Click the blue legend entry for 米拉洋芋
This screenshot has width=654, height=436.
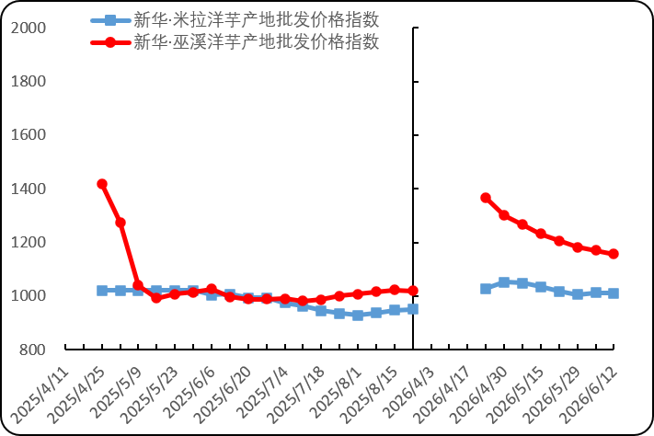click(x=235, y=19)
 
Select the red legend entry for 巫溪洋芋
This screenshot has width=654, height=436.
click(x=235, y=41)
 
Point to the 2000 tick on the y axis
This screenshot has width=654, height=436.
click(x=29, y=28)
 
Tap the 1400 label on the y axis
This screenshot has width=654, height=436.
click(x=29, y=189)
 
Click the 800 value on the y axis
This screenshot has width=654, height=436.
click(x=32, y=350)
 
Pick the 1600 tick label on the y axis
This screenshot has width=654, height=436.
click(x=29, y=135)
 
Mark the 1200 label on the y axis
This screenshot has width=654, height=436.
click(x=29, y=242)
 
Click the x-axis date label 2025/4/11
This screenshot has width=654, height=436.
click(x=40, y=395)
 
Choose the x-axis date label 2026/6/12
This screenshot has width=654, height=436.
click(x=588, y=395)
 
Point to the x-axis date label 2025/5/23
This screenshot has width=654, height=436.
click(x=149, y=395)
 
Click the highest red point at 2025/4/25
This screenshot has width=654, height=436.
click(x=102, y=184)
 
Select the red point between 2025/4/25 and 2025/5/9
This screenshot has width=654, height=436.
click(x=120, y=223)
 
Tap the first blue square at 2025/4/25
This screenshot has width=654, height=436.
click(x=102, y=291)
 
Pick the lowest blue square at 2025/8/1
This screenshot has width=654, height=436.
click(x=358, y=315)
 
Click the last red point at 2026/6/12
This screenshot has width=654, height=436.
click(x=614, y=254)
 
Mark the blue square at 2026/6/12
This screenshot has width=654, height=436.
click(x=614, y=293)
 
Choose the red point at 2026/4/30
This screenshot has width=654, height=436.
click(x=504, y=215)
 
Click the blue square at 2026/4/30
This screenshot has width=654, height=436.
click(x=504, y=282)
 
